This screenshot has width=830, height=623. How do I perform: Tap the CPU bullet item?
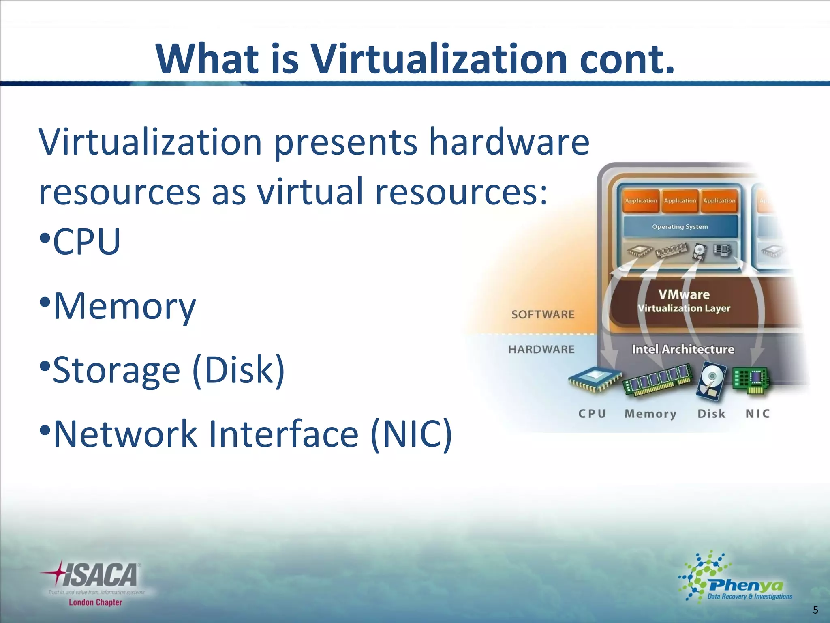[x=86, y=242]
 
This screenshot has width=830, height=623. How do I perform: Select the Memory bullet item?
[x=124, y=306]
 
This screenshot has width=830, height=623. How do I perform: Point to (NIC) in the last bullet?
[x=411, y=434]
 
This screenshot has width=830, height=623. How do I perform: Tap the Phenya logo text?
[x=746, y=585]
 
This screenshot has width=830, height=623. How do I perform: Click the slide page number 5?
[x=815, y=610]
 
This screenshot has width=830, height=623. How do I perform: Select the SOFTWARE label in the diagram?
[x=543, y=314]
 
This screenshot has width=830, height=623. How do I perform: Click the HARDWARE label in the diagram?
[x=541, y=349]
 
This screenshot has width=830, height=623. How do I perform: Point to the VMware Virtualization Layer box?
[x=684, y=301]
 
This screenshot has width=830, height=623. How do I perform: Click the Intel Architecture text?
[x=683, y=349]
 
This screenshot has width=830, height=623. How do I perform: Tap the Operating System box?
[x=680, y=227]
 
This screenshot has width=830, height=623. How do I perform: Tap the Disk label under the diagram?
[x=711, y=414]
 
